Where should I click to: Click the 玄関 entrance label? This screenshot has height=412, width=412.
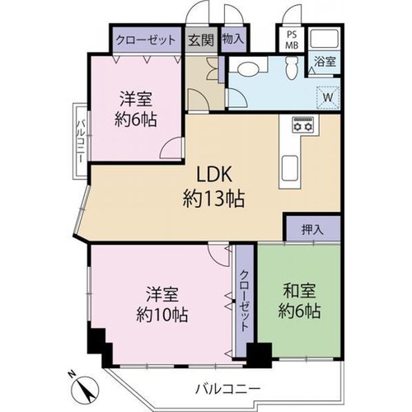pos(201,40)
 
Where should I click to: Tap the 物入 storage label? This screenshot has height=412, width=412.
pos(233,39)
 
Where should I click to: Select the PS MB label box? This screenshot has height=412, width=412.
pos(292,40)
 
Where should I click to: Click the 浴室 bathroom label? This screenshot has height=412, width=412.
pos(325,62)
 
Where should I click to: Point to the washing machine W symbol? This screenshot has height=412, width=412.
pos(328,97)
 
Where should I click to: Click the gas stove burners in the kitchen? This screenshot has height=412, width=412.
pos(302,124)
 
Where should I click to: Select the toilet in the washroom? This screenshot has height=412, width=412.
pos(291,68)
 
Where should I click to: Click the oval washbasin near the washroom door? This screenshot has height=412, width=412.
pos(247,68)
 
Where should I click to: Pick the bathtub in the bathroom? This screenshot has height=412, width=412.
pos(324,39)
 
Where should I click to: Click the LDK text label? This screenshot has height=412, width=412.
pos(214,175)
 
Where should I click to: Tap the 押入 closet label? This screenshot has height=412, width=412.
pos(312,229)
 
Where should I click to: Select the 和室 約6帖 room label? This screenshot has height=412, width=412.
pos(299,301)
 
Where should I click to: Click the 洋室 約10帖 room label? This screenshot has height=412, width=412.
pos(162,304)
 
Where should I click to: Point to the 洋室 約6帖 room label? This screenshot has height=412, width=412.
pos(136,109)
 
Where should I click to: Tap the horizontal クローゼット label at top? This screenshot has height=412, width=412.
pos(146,40)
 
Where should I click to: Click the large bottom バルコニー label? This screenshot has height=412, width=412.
pos(227,389)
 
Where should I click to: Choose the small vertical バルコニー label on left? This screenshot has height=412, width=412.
pos(81,142)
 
